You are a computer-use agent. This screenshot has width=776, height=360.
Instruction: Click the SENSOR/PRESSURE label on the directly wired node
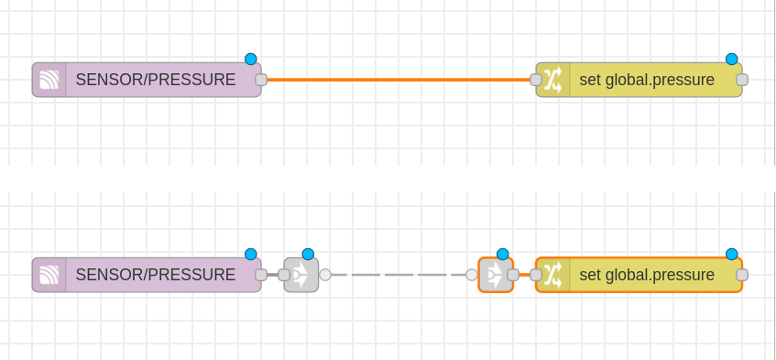click(156, 80)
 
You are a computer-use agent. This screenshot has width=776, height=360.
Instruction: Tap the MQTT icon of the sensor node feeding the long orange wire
click(49, 80)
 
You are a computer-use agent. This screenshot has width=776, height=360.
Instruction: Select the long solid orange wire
click(399, 80)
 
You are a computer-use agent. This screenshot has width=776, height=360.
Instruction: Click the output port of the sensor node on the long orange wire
click(261, 80)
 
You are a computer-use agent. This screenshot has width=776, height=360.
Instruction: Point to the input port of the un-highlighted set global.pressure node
click(536, 80)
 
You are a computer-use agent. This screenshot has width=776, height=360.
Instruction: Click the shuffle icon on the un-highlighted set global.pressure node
click(552, 80)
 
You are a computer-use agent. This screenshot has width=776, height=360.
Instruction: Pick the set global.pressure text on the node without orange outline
click(647, 80)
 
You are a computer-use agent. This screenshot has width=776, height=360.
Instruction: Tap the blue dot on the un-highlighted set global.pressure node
click(731, 60)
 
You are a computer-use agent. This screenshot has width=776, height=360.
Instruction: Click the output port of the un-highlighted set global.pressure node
click(742, 80)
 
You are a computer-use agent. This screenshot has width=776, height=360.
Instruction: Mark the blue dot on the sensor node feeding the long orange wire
click(250, 60)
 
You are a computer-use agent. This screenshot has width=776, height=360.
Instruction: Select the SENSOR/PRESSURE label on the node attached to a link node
click(156, 274)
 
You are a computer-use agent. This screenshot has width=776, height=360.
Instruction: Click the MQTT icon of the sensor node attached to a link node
click(49, 274)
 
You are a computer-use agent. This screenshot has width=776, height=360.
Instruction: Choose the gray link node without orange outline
click(301, 274)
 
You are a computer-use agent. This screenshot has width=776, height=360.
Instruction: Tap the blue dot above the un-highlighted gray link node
click(308, 254)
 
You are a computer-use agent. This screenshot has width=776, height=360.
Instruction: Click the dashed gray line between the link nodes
click(399, 274)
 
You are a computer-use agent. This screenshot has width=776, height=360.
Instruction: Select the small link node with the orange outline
click(496, 274)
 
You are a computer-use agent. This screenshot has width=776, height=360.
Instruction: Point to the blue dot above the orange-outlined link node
click(502, 254)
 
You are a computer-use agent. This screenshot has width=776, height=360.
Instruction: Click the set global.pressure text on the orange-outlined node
click(647, 274)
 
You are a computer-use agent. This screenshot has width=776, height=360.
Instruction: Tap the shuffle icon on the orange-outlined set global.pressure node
click(552, 274)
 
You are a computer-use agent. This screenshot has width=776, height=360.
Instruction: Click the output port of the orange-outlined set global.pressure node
click(742, 274)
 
